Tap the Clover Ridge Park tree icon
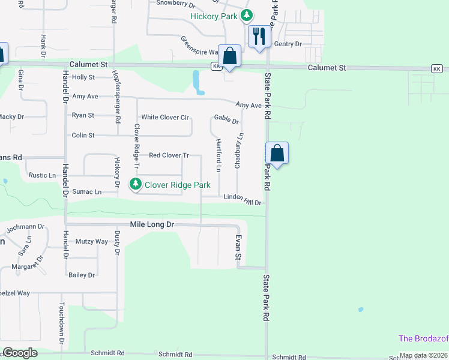coord(136,185)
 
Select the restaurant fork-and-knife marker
coord(259,36)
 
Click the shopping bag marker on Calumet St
coord(229,56)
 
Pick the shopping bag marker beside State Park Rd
coord(277,154)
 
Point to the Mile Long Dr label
coord(152,224)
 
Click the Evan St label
coord(238,247)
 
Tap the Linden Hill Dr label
coord(243,199)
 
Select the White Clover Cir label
coord(164,117)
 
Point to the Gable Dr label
coord(226,121)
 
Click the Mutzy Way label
coord(92,241)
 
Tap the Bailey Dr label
coord(82,275)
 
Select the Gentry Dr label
coord(288,44)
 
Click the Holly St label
coord(83,77)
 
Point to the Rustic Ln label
coord(42,175)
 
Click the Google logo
coord(20,353)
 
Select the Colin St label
coord(83,136)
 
